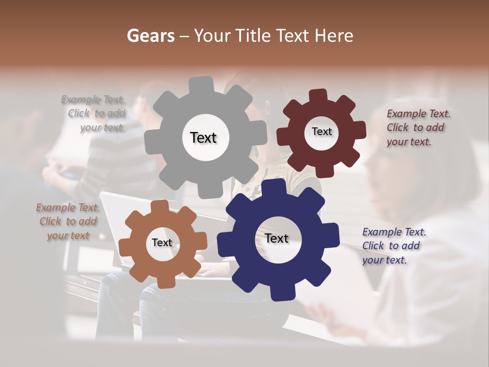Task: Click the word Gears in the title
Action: point(150,36)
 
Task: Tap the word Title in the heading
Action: point(253,36)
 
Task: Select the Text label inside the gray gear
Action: point(203,138)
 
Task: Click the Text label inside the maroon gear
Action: point(321,132)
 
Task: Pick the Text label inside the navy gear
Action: point(277,238)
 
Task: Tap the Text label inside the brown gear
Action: point(162,243)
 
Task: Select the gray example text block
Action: point(94,114)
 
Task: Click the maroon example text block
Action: point(418,127)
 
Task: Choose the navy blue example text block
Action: point(393,246)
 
